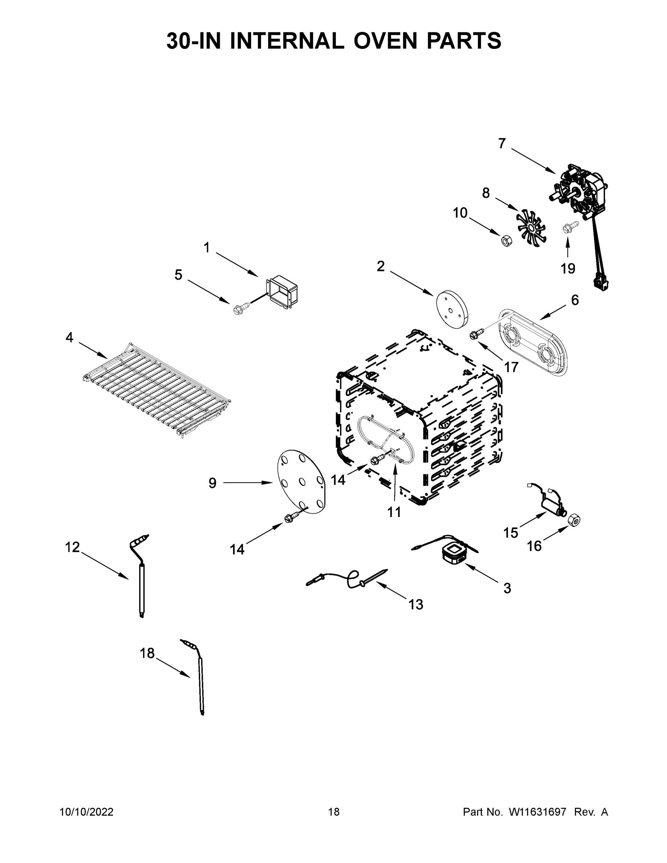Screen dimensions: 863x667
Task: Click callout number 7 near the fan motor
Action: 502,143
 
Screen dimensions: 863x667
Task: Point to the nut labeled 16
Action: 574,521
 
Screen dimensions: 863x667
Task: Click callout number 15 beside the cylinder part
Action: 510,533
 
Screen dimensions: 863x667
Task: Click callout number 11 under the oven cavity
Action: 394,512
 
